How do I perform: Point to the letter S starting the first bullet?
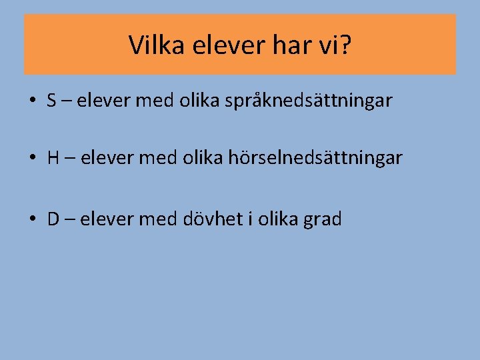52,101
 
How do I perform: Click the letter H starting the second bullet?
53,158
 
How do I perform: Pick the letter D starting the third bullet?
53,219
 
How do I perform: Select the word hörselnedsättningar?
315,158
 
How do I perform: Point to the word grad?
323,219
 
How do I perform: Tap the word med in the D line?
155,219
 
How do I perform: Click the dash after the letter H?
69,159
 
